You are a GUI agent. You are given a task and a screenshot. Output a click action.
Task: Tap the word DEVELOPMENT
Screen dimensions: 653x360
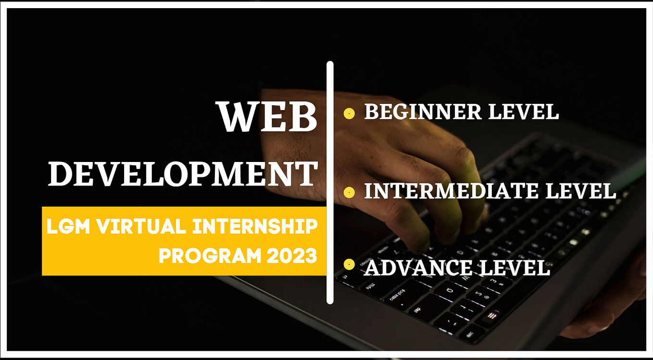[x=183, y=174]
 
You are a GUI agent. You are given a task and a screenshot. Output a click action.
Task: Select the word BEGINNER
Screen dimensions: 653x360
[x=423, y=112]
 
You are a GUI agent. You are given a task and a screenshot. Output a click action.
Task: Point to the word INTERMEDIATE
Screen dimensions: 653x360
[x=451, y=191]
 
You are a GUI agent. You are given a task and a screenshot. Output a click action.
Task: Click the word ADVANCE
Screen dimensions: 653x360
[x=418, y=268]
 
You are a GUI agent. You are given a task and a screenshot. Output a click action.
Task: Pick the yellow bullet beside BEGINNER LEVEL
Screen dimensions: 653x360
[x=349, y=113]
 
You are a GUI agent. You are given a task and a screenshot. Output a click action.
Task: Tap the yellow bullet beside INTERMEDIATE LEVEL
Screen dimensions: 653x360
[x=349, y=193]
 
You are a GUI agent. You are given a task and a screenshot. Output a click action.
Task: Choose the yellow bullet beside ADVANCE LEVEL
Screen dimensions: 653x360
[x=349, y=264]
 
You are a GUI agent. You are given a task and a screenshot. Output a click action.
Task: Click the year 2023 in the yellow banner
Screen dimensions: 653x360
[x=292, y=256]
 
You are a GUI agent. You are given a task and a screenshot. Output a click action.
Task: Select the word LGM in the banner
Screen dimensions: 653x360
[x=68, y=226]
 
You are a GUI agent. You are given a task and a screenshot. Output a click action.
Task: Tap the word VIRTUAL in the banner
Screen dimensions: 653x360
[x=141, y=226]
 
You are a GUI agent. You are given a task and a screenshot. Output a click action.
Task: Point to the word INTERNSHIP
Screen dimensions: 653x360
[x=255, y=226]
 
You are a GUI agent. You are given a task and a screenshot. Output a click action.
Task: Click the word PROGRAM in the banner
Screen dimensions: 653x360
[x=210, y=256]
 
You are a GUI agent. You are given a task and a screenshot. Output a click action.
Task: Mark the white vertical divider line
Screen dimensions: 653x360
[x=330, y=183]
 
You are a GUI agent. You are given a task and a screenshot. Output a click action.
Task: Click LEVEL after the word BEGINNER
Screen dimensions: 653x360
[x=524, y=112]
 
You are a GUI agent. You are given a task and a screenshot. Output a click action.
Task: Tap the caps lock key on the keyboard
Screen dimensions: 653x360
[x=398, y=295]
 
